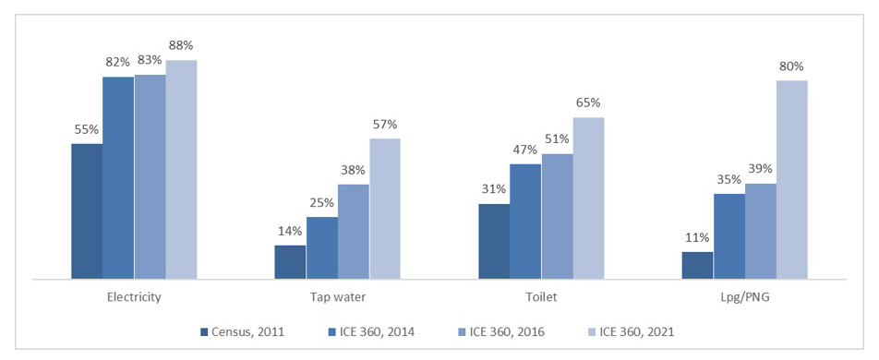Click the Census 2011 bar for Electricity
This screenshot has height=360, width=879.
click(86, 210)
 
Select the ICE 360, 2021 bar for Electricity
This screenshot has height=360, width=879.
click(181, 169)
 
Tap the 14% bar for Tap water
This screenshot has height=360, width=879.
click(290, 261)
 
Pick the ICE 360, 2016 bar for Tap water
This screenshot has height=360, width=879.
click(354, 231)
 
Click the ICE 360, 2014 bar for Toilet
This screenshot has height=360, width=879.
click(525, 221)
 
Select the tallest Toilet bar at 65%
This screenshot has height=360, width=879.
click(588, 198)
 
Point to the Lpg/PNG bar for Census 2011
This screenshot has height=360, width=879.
click(697, 264)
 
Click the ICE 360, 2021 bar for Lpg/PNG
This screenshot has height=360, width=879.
click(791, 179)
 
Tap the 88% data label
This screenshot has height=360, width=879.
click(181, 45)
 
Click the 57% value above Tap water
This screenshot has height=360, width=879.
click(385, 124)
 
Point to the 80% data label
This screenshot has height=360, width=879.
click(791, 66)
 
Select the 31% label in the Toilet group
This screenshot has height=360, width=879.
click(494, 189)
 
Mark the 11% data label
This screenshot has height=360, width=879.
click(697, 237)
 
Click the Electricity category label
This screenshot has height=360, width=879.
click(134, 297)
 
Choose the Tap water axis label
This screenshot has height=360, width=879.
click(338, 297)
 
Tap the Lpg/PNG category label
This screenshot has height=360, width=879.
click(744, 297)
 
